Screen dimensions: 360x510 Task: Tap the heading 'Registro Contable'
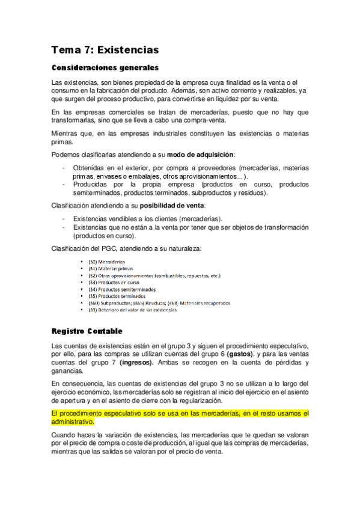87,331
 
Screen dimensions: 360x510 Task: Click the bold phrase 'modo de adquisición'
200,155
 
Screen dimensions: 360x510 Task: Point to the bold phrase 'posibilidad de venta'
175,206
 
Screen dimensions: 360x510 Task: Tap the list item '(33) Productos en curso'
114,282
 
